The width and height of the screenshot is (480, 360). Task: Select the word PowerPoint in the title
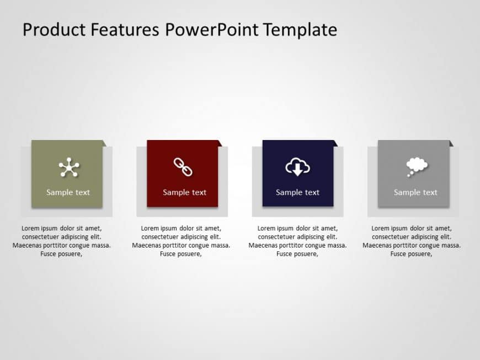(x=211, y=30)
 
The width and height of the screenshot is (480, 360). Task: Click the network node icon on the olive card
(x=69, y=168)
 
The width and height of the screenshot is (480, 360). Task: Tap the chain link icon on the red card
(x=183, y=167)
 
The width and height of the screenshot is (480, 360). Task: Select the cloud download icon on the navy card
(x=297, y=167)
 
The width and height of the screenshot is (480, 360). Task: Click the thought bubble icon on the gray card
(x=417, y=166)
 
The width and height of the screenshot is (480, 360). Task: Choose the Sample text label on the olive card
(x=68, y=192)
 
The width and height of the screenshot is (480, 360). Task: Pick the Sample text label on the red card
(x=184, y=192)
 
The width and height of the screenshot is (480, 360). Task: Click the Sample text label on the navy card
(x=297, y=192)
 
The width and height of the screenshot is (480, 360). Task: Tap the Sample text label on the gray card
(x=415, y=192)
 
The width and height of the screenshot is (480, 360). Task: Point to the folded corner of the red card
(x=220, y=143)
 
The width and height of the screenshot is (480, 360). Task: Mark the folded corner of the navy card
(x=335, y=143)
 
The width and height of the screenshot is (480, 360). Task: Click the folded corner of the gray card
(x=451, y=143)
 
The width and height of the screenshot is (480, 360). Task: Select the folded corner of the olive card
(x=104, y=143)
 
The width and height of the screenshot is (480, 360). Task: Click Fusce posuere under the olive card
(x=61, y=254)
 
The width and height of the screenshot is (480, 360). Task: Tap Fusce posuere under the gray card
(x=411, y=254)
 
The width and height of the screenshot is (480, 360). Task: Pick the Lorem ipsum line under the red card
(x=181, y=228)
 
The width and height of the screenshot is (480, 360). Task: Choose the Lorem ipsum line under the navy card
(x=297, y=228)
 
